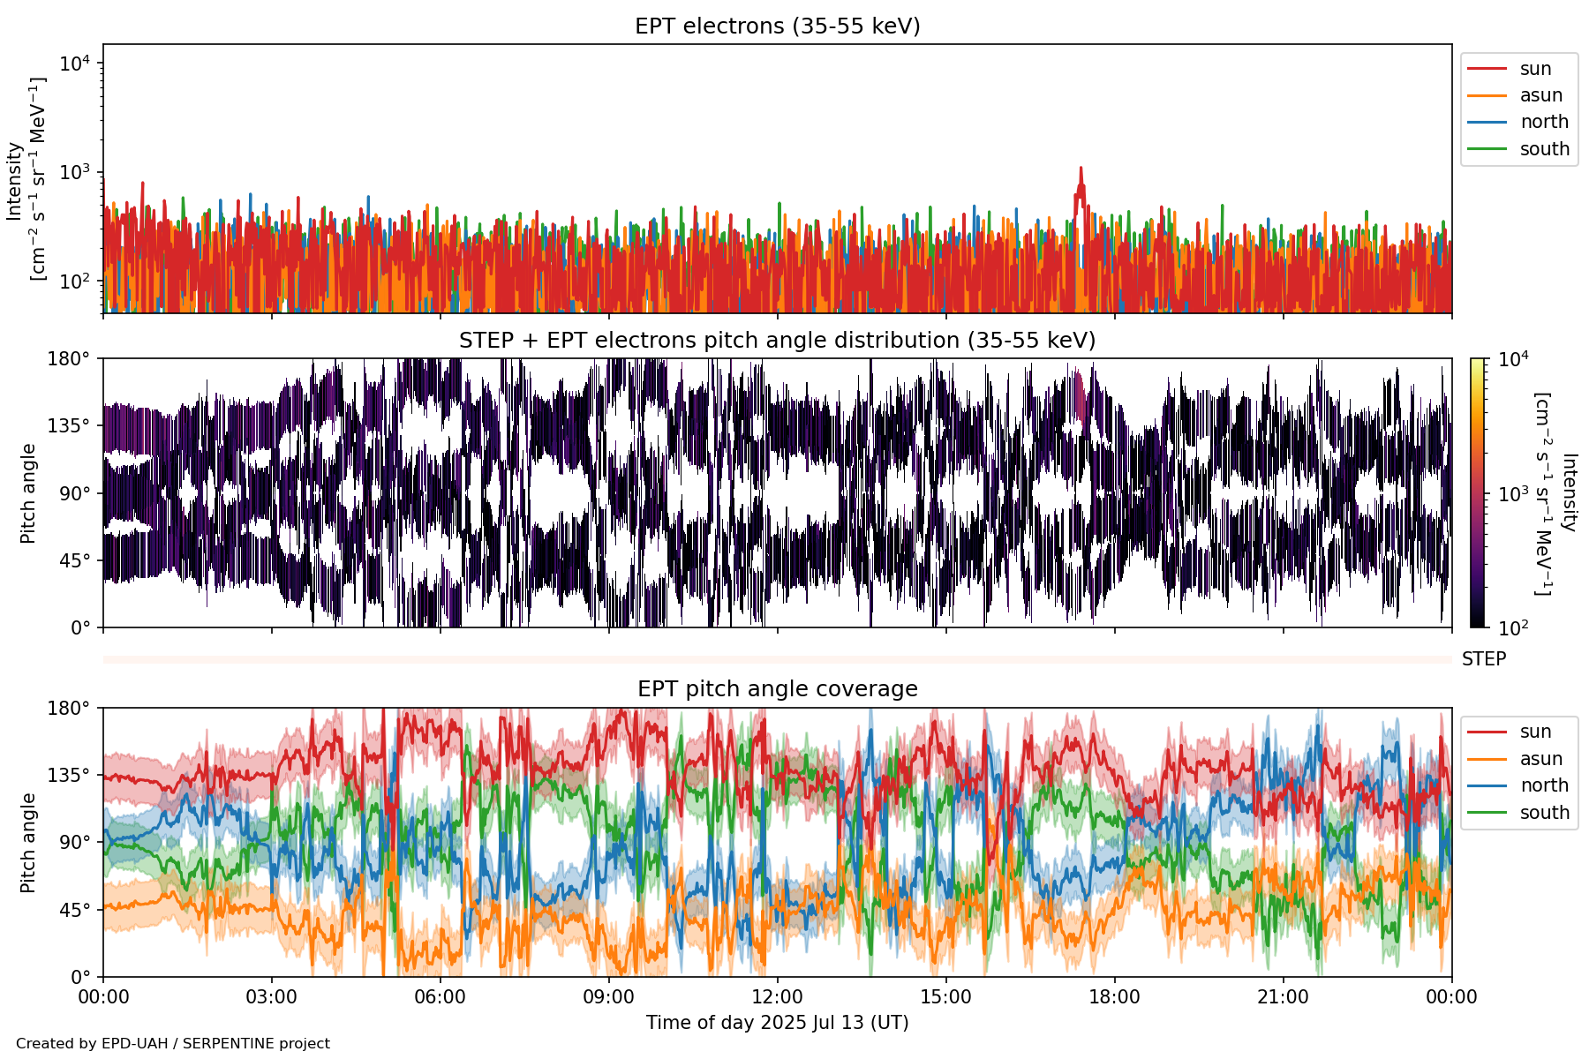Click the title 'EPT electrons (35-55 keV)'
(x=777, y=26)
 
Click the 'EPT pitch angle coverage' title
(x=777, y=689)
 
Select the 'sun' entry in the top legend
(x=1535, y=69)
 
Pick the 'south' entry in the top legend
(x=1544, y=149)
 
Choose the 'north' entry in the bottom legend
(x=1544, y=785)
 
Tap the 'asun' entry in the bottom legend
(x=1540, y=759)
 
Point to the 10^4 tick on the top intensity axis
(x=74, y=64)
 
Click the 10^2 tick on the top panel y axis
(x=74, y=282)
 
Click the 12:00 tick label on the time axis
(x=777, y=997)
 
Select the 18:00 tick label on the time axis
(x=1114, y=997)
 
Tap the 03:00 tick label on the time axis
(x=271, y=997)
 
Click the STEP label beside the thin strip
(x=1483, y=659)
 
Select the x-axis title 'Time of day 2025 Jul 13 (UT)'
(x=777, y=1023)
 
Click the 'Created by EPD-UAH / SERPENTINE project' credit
(x=173, y=1044)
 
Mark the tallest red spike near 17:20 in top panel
(x=1081, y=169)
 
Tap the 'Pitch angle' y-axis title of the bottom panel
(x=28, y=843)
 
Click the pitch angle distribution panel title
(x=777, y=341)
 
